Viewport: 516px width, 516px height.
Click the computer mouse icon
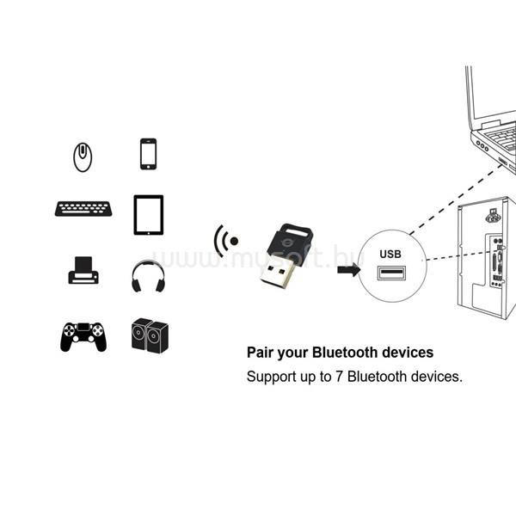tap(83, 157)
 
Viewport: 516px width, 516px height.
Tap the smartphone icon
tap(149, 154)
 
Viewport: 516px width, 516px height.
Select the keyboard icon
tap(83, 209)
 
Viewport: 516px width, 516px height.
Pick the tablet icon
tap(149, 215)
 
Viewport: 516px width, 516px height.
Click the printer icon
tap(83, 270)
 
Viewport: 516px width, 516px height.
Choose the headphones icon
tap(148, 276)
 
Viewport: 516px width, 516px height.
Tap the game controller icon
tap(83, 336)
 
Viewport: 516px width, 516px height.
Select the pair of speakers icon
tap(150, 335)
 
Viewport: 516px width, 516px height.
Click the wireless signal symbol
tap(225, 241)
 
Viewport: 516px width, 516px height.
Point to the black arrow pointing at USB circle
tap(349, 270)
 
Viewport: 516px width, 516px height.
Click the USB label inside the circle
tap(390, 254)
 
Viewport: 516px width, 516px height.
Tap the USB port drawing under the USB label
tap(391, 273)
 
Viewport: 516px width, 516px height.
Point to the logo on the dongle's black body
tap(285, 243)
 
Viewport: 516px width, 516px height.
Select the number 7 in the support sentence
tap(339, 377)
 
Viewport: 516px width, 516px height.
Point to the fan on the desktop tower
tap(493, 217)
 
